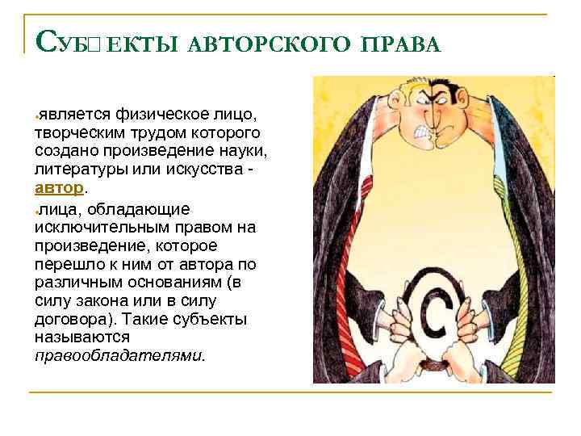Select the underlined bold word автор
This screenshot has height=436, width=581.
(x=59, y=187)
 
